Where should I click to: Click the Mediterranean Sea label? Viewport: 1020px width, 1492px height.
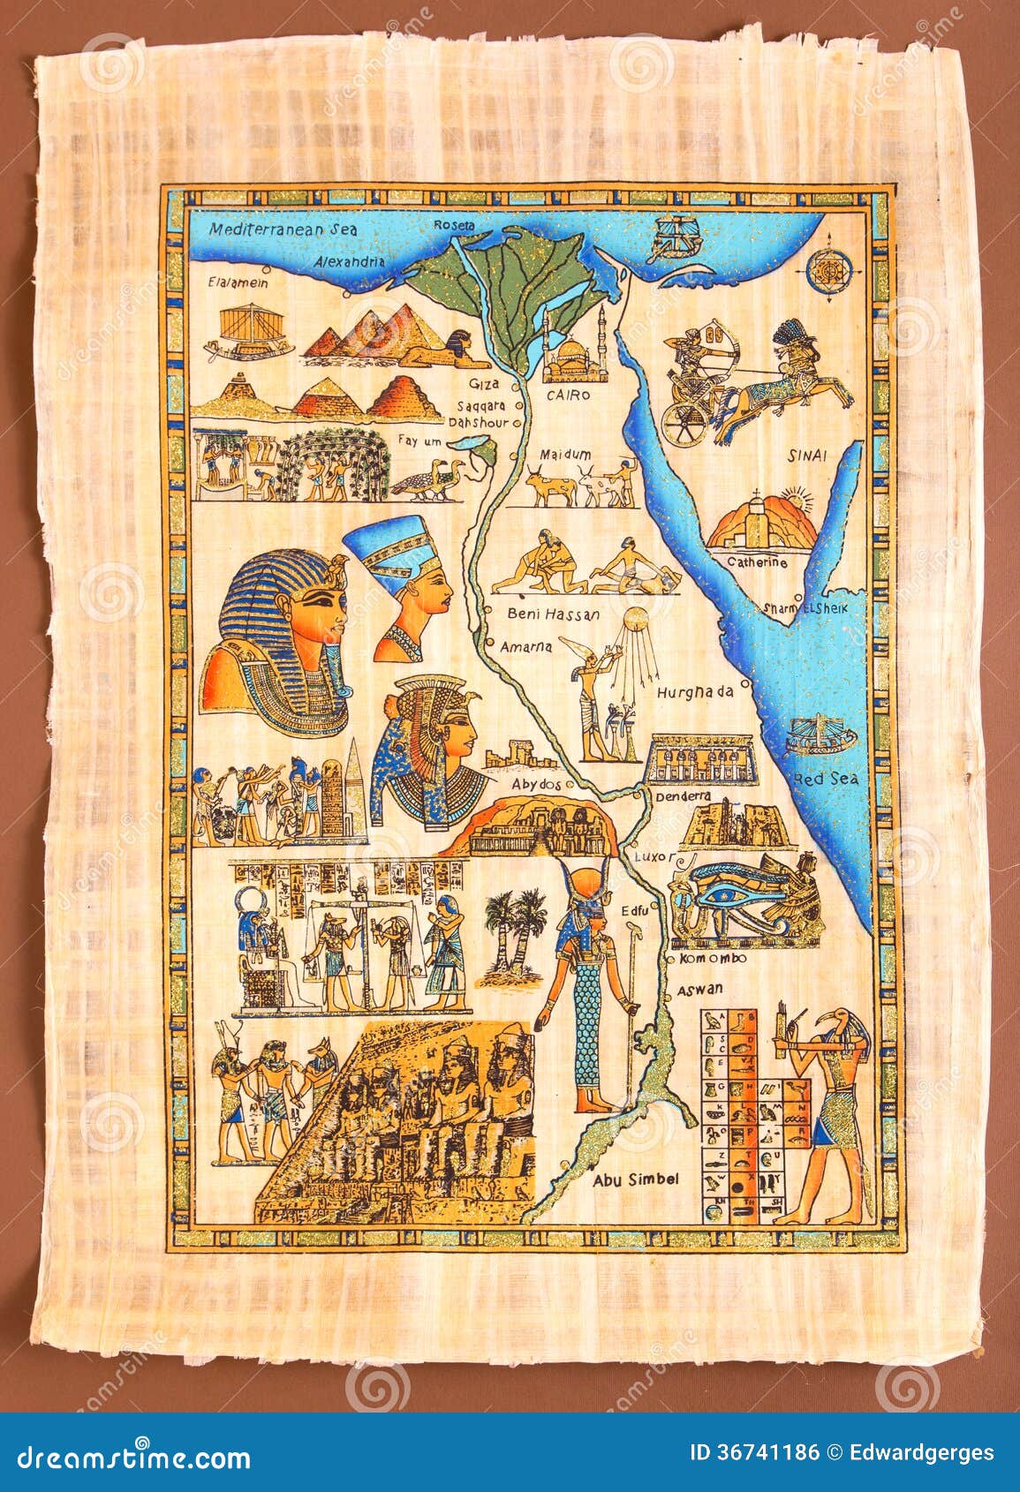point(283,229)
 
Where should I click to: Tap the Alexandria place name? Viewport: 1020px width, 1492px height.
point(351,262)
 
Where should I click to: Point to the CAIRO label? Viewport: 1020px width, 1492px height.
point(568,396)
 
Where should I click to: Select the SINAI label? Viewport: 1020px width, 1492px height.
point(807,456)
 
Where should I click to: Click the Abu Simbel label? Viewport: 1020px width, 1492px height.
point(635,1179)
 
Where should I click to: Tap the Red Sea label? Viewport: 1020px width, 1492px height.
point(826,780)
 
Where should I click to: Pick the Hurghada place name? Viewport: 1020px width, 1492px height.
point(695,692)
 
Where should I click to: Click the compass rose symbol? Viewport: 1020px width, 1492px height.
point(829,265)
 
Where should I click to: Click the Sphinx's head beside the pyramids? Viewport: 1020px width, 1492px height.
point(457,341)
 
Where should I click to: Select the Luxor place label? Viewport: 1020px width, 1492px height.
point(653,857)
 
